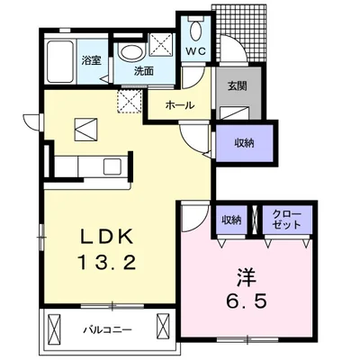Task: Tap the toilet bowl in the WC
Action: point(195,30)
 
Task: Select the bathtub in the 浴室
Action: point(60,62)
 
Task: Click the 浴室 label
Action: point(92,60)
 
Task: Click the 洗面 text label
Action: point(144,71)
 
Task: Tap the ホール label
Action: point(180,105)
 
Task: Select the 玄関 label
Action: point(237,86)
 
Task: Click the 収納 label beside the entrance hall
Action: point(244,143)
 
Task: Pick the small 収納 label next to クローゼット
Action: point(231,220)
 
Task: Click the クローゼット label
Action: point(287,220)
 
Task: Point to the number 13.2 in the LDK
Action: point(107,263)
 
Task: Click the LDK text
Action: point(106,237)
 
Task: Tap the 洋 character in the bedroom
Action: point(247,276)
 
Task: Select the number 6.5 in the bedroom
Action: point(247,301)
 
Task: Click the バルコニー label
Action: point(107,330)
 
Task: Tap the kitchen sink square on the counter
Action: point(112,166)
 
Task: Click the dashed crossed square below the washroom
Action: point(130,101)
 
